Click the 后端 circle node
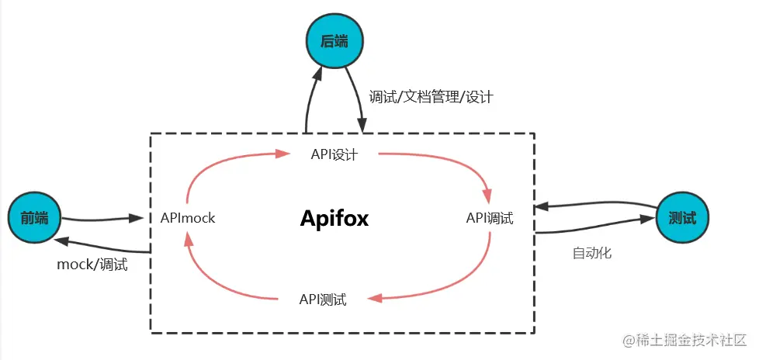[x=334, y=41]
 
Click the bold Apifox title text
[x=334, y=219]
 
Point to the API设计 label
[x=334, y=154]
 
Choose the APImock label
[x=188, y=218]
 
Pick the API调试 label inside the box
[x=490, y=218]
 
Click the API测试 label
[x=323, y=299]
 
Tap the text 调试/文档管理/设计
[x=431, y=97]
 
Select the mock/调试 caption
[x=92, y=265]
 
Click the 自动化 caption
[x=592, y=253]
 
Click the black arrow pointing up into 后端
[x=309, y=101]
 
